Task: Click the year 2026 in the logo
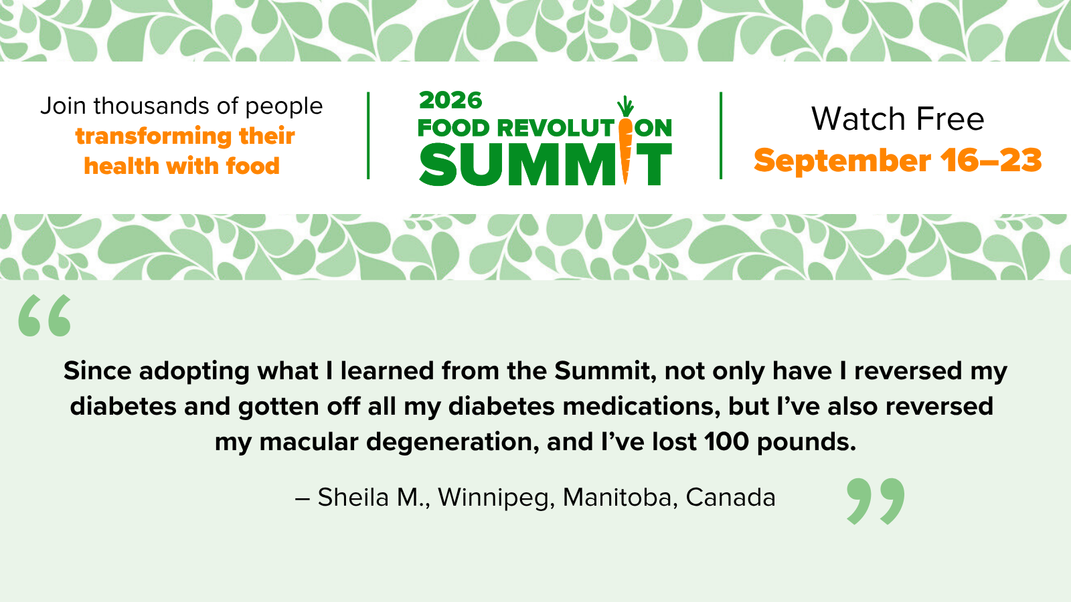(x=450, y=100)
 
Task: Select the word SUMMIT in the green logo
(x=546, y=165)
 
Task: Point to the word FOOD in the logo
(x=454, y=128)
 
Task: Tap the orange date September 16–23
(x=898, y=161)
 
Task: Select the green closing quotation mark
(x=876, y=501)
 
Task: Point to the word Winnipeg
(x=496, y=498)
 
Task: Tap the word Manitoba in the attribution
(x=620, y=498)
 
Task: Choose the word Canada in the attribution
(x=730, y=498)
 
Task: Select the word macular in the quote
(x=309, y=441)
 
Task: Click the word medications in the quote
(x=641, y=406)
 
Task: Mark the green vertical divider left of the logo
(x=368, y=136)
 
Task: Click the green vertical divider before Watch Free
(x=720, y=136)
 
